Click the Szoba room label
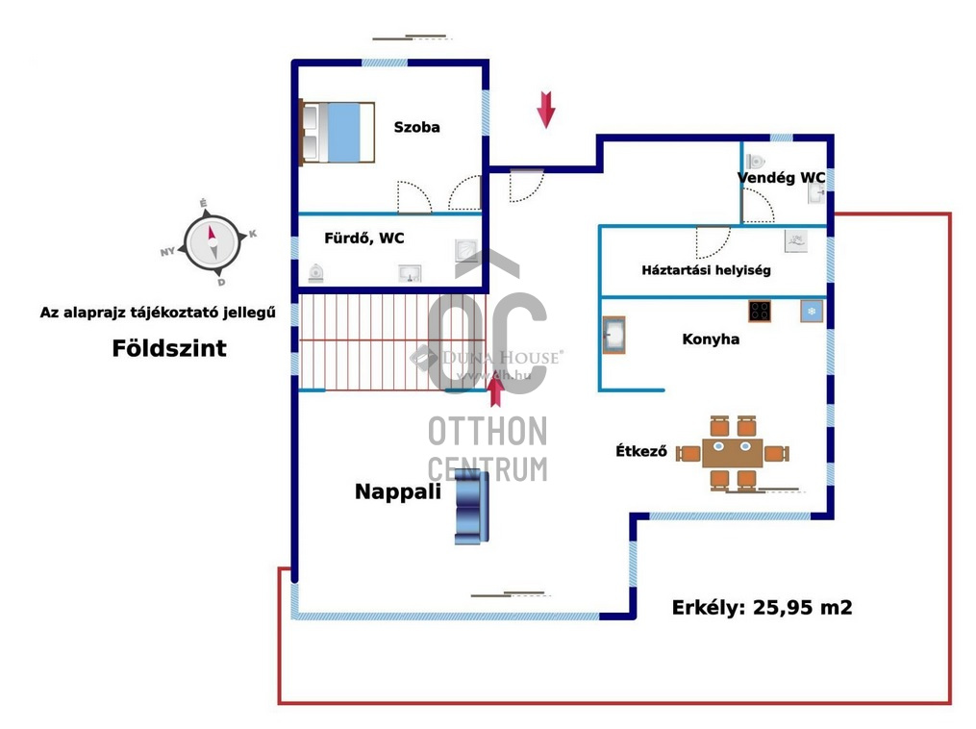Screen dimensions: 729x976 [416, 127]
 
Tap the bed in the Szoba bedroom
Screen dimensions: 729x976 [337, 132]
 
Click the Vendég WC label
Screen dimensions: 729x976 [781, 178]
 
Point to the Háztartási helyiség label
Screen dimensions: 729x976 [706, 270]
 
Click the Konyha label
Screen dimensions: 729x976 [711, 339]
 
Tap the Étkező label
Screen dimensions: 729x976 [641, 451]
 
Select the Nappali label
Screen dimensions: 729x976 [398, 491]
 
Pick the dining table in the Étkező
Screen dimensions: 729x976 [733, 453]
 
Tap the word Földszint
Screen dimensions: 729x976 [169, 348]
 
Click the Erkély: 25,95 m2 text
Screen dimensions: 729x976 [762, 608]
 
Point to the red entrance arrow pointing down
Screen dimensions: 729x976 [546, 109]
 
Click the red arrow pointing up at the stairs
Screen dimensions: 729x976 [496, 391]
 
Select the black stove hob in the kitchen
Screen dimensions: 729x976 [760, 312]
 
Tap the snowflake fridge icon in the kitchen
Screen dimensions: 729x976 [812, 312]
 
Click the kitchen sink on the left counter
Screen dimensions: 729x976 [613, 336]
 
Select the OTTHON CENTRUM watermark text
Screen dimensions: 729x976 [488, 449]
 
